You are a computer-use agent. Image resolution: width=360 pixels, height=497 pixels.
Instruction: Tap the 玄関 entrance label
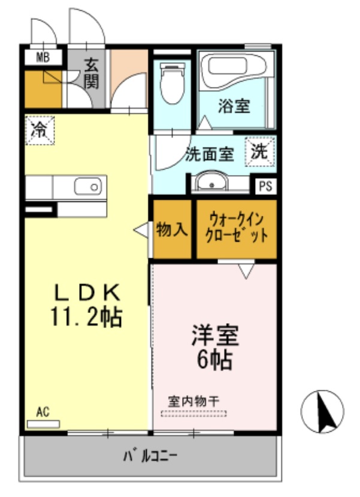click(90, 73)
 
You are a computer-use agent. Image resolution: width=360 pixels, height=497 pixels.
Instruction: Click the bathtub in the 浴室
click(235, 74)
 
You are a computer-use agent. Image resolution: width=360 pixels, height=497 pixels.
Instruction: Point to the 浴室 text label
click(234, 107)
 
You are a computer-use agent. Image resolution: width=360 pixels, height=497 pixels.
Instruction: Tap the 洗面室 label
click(209, 153)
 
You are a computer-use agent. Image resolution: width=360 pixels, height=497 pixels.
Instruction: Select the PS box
click(265, 186)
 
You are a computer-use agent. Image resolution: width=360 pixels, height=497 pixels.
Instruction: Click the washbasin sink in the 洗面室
click(211, 182)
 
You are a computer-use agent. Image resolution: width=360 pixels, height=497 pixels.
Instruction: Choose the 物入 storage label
click(173, 229)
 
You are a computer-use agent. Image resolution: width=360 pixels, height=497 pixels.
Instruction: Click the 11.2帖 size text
click(87, 315)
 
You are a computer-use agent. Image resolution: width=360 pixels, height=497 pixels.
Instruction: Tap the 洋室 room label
click(216, 336)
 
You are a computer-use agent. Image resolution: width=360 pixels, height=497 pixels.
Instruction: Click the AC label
click(42, 411)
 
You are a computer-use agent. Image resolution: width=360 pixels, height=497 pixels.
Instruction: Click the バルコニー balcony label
click(150, 457)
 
